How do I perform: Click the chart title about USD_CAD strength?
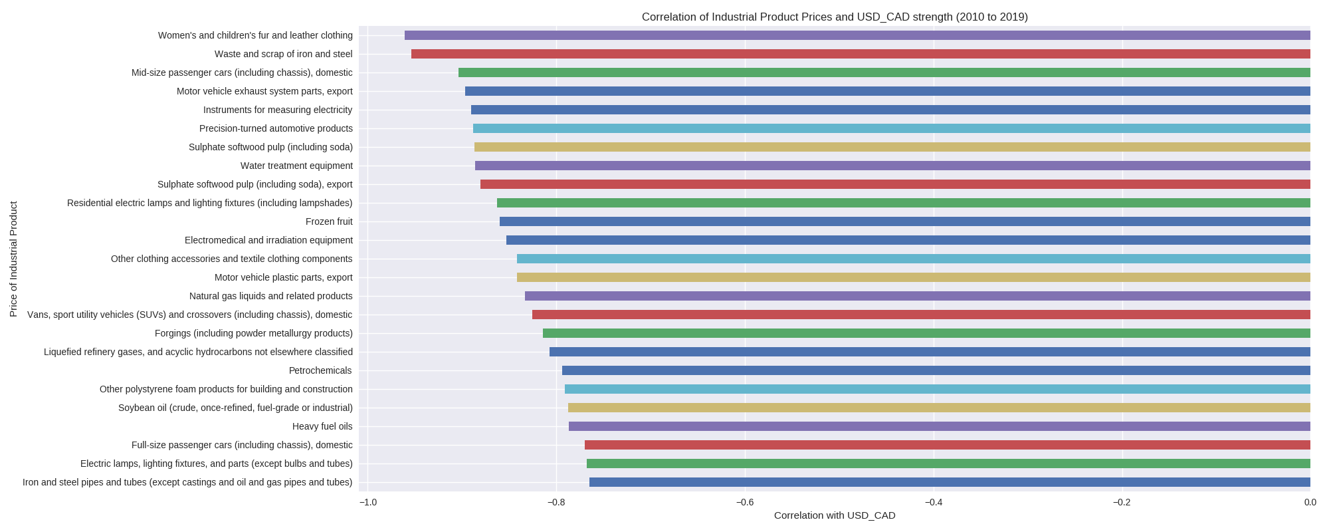[x=834, y=17]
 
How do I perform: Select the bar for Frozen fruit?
[x=904, y=221]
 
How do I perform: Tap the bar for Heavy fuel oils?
[x=939, y=426]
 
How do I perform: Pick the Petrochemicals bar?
[x=936, y=370]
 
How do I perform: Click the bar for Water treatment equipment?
[x=892, y=166]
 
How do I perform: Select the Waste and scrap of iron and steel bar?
[x=861, y=54]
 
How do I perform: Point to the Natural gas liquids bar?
[x=917, y=296]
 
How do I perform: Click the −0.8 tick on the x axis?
[x=556, y=502]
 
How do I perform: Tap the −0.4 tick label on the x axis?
[x=933, y=502]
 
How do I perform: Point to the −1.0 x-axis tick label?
[x=367, y=502]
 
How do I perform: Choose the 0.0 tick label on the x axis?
[x=1310, y=502]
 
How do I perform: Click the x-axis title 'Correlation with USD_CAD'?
[x=834, y=515]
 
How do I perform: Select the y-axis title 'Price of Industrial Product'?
[x=14, y=259]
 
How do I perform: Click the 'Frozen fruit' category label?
[x=329, y=221]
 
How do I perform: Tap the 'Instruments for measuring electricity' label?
[x=278, y=110]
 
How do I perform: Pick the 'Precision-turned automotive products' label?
[x=276, y=128]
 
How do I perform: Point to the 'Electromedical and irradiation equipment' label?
[x=268, y=240]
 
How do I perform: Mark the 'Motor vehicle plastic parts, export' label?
[x=283, y=277]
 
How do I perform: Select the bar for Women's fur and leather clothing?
[x=857, y=35]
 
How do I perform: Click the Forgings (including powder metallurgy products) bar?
[x=926, y=333]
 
